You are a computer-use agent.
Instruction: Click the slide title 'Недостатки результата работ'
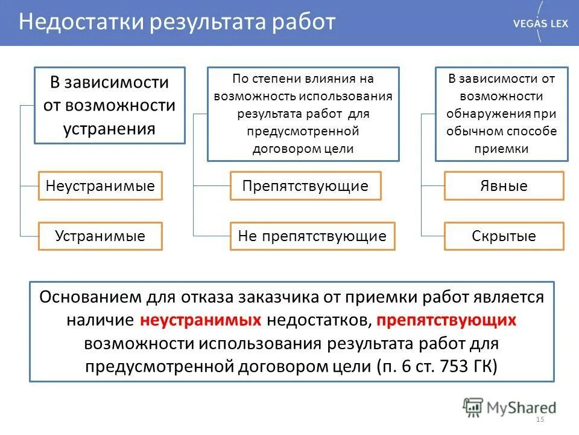(x=176, y=22)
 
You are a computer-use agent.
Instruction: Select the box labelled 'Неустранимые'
(x=100, y=185)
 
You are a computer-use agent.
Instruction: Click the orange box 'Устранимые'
(x=100, y=236)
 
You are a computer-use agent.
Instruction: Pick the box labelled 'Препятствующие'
(x=305, y=185)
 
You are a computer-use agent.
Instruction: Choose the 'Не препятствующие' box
(x=312, y=236)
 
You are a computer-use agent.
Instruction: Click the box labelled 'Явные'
(x=504, y=185)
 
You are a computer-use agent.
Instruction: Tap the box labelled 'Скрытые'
(x=504, y=236)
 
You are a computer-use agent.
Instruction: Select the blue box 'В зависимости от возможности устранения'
(x=109, y=106)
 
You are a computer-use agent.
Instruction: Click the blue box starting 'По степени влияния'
(x=303, y=114)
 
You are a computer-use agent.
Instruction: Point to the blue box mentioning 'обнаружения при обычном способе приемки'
(x=501, y=114)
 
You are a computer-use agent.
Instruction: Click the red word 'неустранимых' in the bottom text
(x=201, y=320)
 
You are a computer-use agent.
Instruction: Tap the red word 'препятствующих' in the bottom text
(x=448, y=320)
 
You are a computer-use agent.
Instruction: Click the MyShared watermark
(x=510, y=407)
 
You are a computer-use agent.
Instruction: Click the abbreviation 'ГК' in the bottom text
(x=484, y=366)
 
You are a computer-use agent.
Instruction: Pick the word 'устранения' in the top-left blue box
(x=109, y=129)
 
